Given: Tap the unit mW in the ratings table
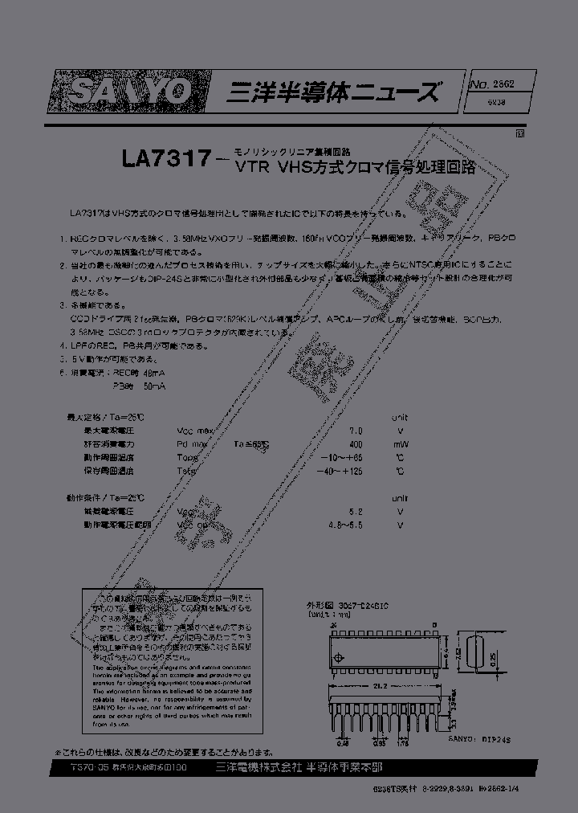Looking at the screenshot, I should pyautogui.click(x=399, y=443).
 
